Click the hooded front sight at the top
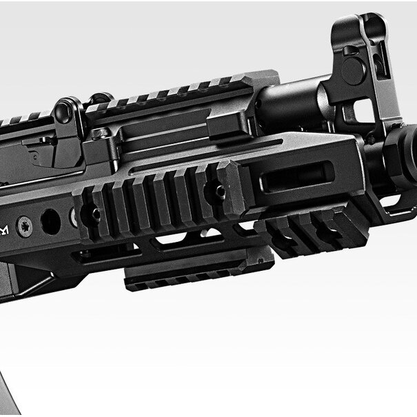pyautogui.click(x=359, y=31)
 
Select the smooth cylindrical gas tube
pyautogui.click(x=289, y=103)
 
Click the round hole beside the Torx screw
pyautogui.click(x=50, y=221)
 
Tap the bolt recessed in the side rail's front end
pyautogui.click(x=219, y=191)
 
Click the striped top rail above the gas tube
pyautogui.click(x=172, y=93)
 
